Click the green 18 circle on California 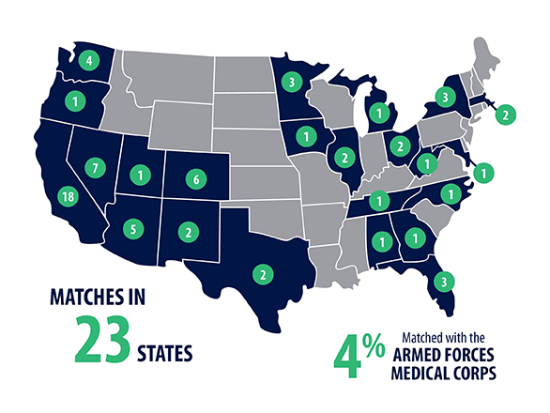point(68,196)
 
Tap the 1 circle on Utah point(142,174)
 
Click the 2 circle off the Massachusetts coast point(505,115)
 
